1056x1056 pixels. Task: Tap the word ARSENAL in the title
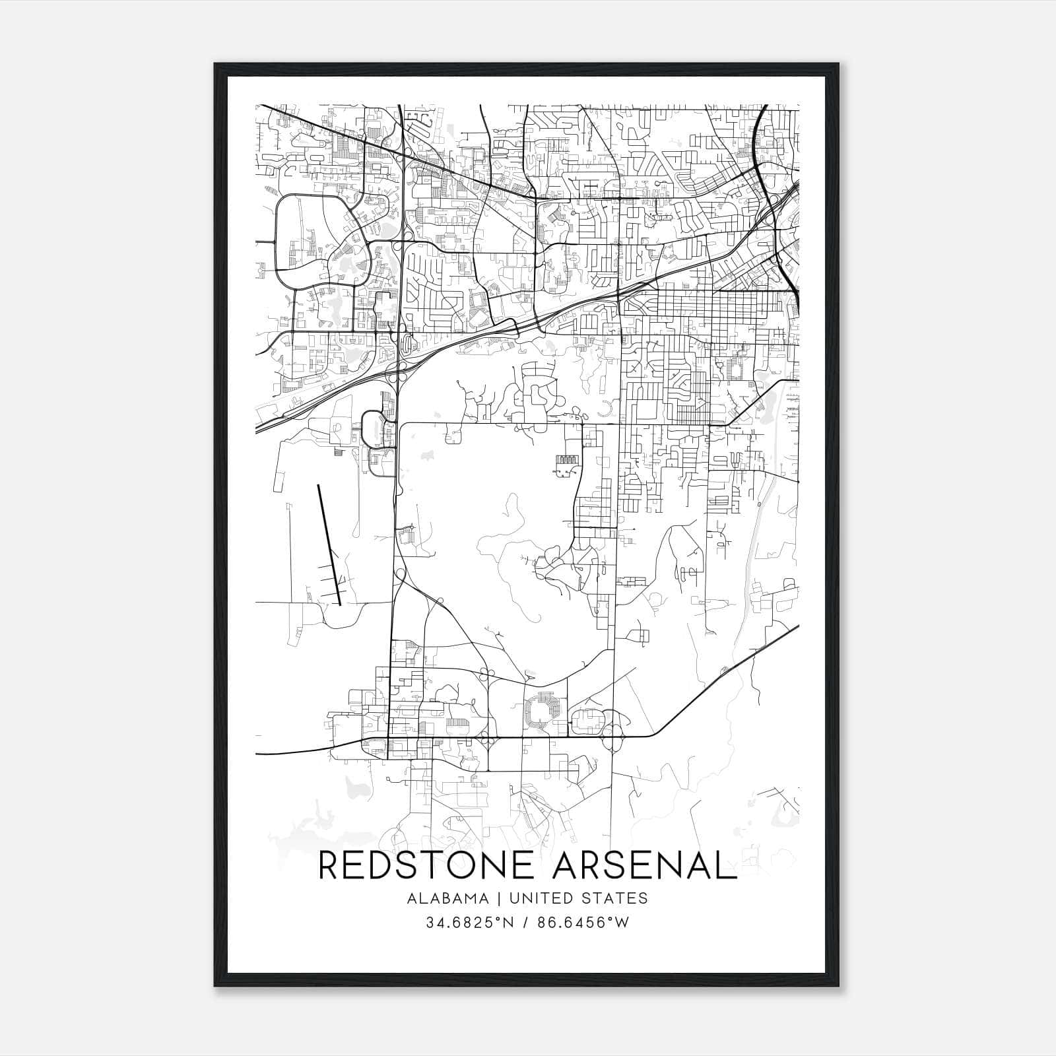[x=644, y=865]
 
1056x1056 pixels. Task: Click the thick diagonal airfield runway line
[x=329, y=544]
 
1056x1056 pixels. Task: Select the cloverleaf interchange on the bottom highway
[x=614, y=735]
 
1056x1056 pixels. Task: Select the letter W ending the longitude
[x=622, y=923]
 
